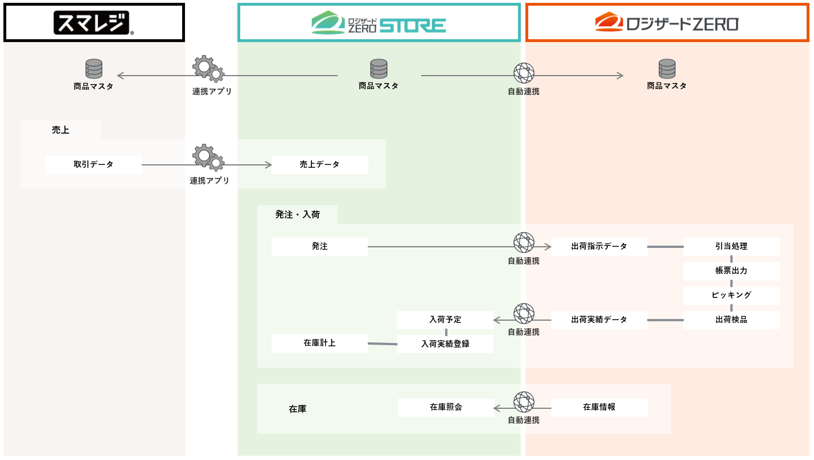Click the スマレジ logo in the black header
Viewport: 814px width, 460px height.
click(x=94, y=23)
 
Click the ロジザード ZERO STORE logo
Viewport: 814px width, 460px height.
click(x=379, y=23)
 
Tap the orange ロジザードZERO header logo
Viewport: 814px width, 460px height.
click(x=667, y=23)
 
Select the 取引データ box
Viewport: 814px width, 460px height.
click(x=93, y=165)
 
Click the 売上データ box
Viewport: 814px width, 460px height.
click(x=320, y=165)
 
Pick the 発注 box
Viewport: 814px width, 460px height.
click(x=320, y=247)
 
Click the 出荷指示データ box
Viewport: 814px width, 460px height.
click(x=599, y=247)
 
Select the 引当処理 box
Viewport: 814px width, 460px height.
click(x=731, y=247)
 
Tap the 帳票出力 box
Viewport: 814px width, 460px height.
click(x=731, y=271)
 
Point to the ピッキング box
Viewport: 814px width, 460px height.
click(x=731, y=296)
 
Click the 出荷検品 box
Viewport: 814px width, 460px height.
click(x=731, y=320)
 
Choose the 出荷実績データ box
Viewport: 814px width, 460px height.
click(x=599, y=320)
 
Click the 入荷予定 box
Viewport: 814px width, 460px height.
click(x=445, y=320)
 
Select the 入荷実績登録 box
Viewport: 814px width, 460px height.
click(x=445, y=344)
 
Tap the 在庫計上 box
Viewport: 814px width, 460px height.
click(x=320, y=343)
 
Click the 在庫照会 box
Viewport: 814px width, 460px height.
click(x=446, y=408)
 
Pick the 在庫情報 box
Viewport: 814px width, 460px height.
click(x=599, y=408)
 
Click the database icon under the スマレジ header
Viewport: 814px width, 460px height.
click(x=94, y=69)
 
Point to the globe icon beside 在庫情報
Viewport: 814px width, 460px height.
click(x=524, y=402)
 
